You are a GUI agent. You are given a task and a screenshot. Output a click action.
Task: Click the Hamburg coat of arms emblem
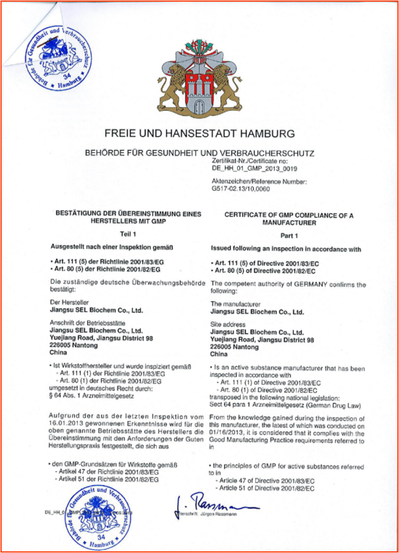[x=199, y=78]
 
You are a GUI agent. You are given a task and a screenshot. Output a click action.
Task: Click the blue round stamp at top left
[x=55, y=56]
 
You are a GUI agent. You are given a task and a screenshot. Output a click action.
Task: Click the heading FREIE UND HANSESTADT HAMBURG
[x=199, y=134]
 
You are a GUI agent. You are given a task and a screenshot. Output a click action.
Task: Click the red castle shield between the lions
[x=199, y=91]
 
